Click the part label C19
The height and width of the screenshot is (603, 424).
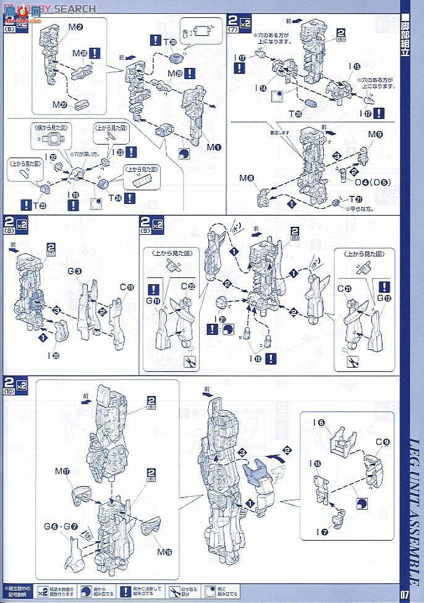(127, 287)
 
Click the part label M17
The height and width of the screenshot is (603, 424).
(62, 471)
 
